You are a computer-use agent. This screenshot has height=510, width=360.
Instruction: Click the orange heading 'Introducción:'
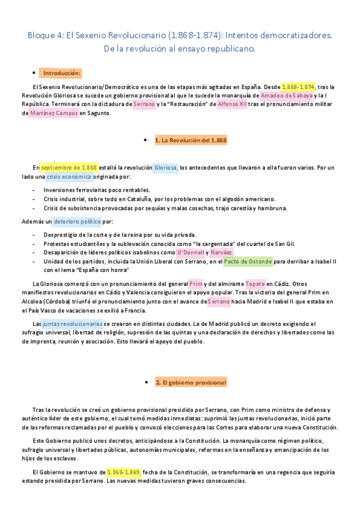[61, 73]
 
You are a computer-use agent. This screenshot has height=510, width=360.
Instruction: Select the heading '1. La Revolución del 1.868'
[190, 141]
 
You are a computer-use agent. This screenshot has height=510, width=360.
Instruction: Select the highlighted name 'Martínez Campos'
[54, 112]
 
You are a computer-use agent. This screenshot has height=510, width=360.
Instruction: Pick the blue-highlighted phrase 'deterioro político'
[77, 221]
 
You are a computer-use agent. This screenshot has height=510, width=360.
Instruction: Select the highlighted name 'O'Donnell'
[191, 253]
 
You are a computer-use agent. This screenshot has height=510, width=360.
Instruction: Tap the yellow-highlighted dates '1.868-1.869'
[123, 472]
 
